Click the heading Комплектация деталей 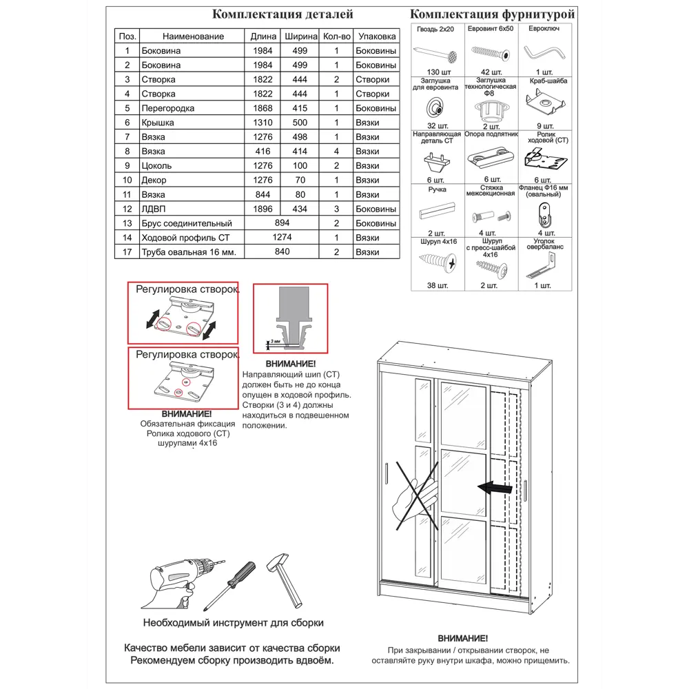point(282,14)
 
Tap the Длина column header point(263,37)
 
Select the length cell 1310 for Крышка point(263,123)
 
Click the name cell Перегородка point(167,108)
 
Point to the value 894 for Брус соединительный point(282,223)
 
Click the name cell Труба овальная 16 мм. point(188,252)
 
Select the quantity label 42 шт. point(491,72)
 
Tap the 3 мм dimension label point(275,341)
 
